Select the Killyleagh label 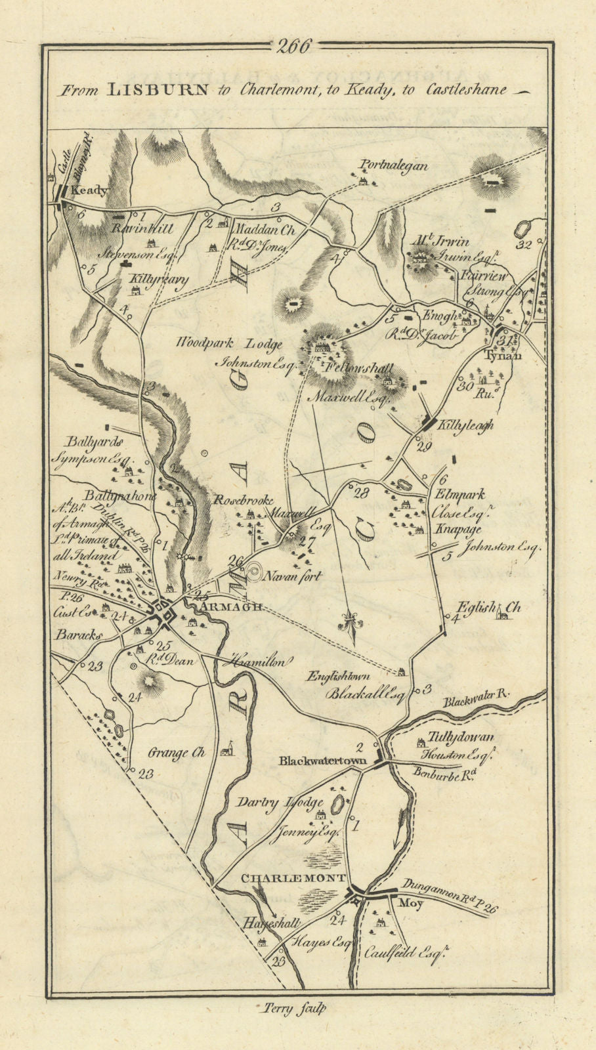click(468, 425)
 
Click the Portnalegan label click(393, 166)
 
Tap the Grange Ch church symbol click(227, 749)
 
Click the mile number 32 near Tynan click(523, 246)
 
